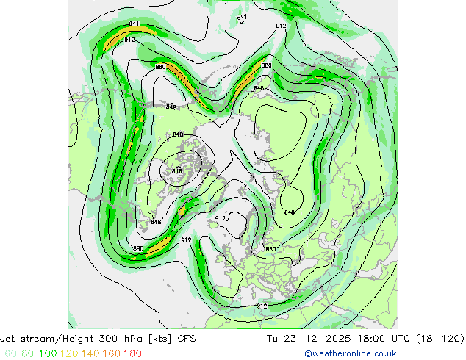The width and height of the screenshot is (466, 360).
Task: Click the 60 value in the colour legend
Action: (10, 353)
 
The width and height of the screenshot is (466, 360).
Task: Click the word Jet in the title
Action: (10, 339)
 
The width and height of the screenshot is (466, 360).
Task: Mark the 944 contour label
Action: (134, 24)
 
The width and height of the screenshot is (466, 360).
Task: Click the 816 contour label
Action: (177, 171)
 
